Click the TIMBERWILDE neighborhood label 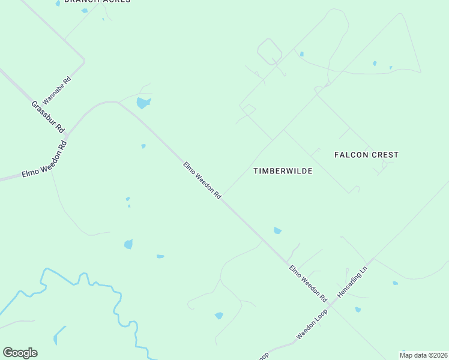(x=283, y=171)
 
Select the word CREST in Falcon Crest (x=385, y=155)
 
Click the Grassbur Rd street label (x=48, y=116)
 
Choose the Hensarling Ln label (x=352, y=280)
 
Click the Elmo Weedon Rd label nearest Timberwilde (x=202, y=179)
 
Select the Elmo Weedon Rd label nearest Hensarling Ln (x=308, y=283)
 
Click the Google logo (x=20, y=353)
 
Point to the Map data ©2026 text (x=423, y=355)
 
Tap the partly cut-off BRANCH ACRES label (x=97, y=2)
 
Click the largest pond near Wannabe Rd (x=143, y=103)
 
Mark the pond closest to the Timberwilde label (x=277, y=230)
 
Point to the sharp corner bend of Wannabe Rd (x=83, y=61)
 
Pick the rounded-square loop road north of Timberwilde (x=270, y=52)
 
